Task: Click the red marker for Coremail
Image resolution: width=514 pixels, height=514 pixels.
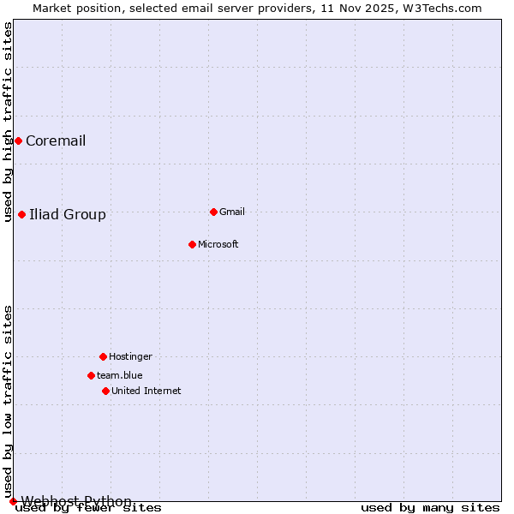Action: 18,140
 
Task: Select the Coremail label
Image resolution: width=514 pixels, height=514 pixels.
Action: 56,141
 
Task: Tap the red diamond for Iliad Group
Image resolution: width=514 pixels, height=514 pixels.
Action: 21,214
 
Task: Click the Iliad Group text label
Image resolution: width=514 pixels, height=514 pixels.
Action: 68,215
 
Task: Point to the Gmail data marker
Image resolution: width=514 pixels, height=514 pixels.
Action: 213,212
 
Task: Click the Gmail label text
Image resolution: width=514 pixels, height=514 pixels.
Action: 232,212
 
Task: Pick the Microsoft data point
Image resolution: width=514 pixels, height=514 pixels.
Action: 192,244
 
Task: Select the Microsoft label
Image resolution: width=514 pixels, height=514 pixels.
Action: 218,245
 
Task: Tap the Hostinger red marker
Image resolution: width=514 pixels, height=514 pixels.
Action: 103,356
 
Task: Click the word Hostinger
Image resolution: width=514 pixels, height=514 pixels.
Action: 130,357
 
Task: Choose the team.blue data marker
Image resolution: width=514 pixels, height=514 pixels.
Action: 91,375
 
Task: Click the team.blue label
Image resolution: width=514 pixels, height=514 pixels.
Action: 119,376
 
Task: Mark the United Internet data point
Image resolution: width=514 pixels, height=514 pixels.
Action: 105,391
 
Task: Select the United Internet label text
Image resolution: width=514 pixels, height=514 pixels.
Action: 146,391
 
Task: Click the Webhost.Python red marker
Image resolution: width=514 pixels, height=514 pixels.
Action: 13,501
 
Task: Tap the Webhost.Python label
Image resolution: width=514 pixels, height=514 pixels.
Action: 76,501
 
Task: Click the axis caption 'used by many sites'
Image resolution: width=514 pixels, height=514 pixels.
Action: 430,508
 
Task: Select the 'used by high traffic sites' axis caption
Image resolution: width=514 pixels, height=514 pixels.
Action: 9,122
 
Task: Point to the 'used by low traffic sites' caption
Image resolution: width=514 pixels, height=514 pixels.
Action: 9,401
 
